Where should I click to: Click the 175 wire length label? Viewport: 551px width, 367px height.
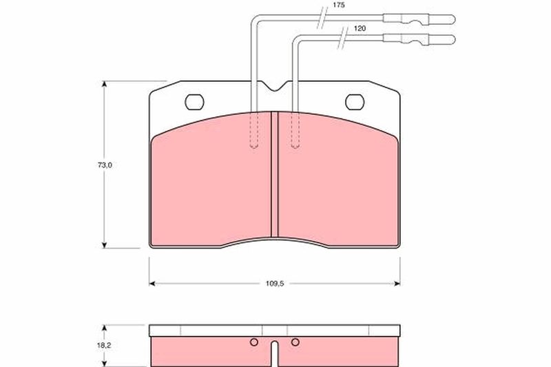[x=339, y=6]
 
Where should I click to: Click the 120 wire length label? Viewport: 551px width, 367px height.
[x=360, y=28]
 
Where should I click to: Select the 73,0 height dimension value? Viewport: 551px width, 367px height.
[x=105, y=165]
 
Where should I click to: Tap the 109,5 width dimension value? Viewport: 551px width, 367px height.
[x=274, y=284]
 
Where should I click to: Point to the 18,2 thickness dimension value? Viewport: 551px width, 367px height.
[x=104, y=345]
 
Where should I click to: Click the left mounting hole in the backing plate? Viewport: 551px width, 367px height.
[x=194, y=102]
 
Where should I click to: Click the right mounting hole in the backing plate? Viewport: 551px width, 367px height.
[x=355, y=102]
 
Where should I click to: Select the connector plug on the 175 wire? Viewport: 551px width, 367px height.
[x=419, y=19]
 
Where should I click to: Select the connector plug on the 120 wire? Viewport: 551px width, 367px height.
[x=419, y=39]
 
